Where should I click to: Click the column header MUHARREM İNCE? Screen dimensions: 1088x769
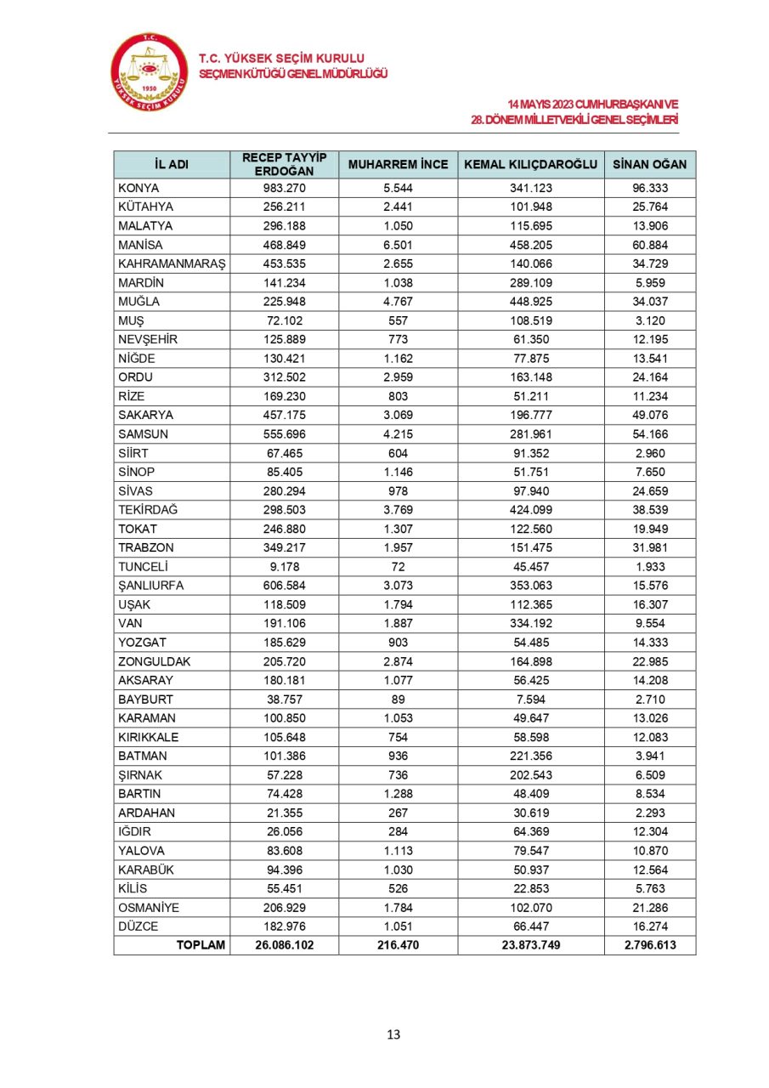click(398, 164)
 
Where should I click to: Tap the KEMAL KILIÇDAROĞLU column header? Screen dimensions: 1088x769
click(531, 164)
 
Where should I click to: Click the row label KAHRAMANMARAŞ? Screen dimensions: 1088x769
click(170, 263)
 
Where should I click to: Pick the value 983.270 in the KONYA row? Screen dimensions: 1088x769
click(284, 189)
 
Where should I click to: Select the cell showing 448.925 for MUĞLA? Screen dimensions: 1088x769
click(531, 301)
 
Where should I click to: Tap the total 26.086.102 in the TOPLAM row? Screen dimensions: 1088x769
click(284, 944)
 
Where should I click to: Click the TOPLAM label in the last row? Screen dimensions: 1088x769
click(201, 944)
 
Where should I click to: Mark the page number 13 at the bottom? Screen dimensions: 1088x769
click(393, 1034)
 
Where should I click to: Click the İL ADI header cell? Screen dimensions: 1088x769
click(171, 164)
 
